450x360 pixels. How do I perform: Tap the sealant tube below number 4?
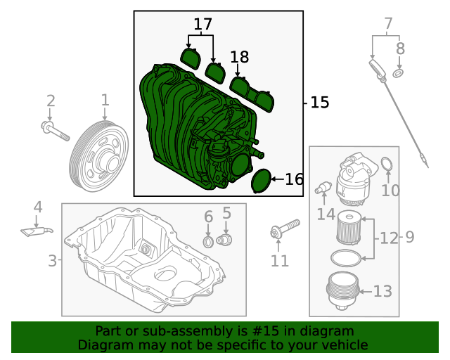(37, 229)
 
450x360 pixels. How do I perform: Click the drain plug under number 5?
(225, 240)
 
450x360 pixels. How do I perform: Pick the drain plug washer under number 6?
(208, 243)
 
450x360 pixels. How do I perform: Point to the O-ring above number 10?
(387, 165)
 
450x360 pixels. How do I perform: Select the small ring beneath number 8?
(399, 73)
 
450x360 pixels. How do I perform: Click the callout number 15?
(319, 103)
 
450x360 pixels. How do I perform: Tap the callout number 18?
(239, 58)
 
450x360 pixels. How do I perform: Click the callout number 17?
(202, 25)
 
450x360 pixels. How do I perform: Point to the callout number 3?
(52, 261)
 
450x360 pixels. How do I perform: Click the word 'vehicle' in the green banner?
(344, 345)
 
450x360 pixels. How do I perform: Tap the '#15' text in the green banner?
(266, 331)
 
